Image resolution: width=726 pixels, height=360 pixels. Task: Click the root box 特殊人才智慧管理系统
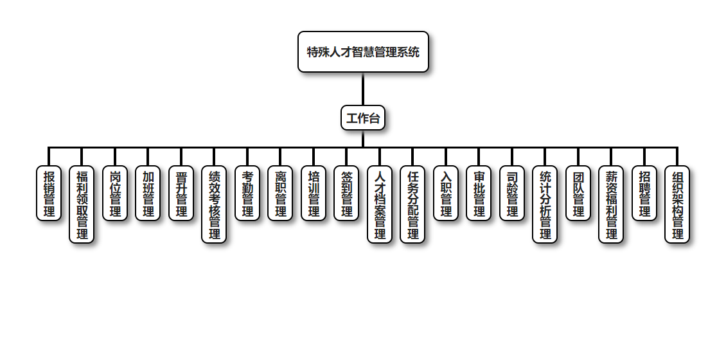[363, 51]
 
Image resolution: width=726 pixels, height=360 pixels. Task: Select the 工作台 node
[363, 118]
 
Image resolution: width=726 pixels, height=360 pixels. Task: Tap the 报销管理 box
[49, 193]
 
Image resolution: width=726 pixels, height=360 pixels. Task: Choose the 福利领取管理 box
[82, 204]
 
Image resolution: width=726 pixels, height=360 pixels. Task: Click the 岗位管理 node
[115, 193]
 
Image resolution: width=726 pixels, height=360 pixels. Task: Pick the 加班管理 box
[148, 193]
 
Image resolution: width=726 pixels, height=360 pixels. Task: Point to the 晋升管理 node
[181, 193]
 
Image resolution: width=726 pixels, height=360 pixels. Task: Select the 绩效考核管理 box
[214, 204]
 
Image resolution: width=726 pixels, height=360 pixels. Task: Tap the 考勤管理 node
[247, 193]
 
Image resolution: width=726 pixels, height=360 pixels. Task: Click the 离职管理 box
[280, 193]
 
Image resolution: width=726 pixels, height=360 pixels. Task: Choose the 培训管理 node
[314, 193]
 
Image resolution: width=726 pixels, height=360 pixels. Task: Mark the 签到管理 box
[346, 193]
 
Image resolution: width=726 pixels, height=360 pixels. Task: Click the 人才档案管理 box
[380, 204]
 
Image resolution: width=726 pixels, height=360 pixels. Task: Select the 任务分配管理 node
[412, 204]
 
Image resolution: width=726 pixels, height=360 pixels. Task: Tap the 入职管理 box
[446, 193]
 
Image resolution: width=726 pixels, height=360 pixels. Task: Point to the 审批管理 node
[479, 193]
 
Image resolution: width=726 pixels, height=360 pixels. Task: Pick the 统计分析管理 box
[545, 204]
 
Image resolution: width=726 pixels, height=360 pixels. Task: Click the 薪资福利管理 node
[611, 204]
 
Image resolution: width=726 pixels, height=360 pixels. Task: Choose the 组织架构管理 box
[677, 204]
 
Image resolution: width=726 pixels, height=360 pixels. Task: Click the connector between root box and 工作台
[363, 89]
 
